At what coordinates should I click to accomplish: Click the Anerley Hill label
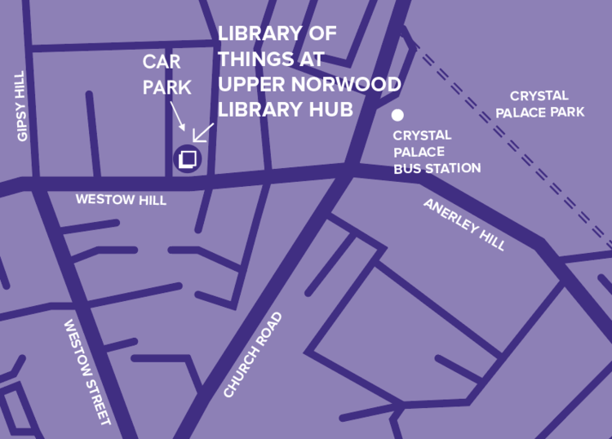click(464, 224)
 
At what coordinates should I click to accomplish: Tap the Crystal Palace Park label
click(547, 104)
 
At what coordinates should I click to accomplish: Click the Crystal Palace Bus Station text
click(437, 152)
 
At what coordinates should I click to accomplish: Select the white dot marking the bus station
click(397, 115)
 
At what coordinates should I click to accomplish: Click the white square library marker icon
click(188, 158)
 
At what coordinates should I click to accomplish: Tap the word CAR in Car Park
click(162, 62)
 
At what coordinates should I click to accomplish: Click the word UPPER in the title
click(255, 84)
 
